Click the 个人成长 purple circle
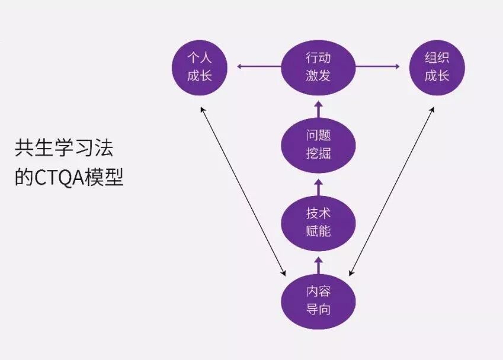click(x=200, y=67)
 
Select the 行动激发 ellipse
click(x=318, y=67)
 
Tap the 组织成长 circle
click(x=437, y=67)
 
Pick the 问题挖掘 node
click(x=318, y=144)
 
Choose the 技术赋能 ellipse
click(x=318, y=221)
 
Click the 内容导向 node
click(x=318, y=300)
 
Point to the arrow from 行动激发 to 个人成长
click(x=258, y=66)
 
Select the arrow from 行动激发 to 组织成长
click(x=378, y=66)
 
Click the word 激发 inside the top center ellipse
click(x=318, y=76)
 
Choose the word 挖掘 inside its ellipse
click(x=318, y=153)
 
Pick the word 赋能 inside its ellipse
click(x=318, y=231)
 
